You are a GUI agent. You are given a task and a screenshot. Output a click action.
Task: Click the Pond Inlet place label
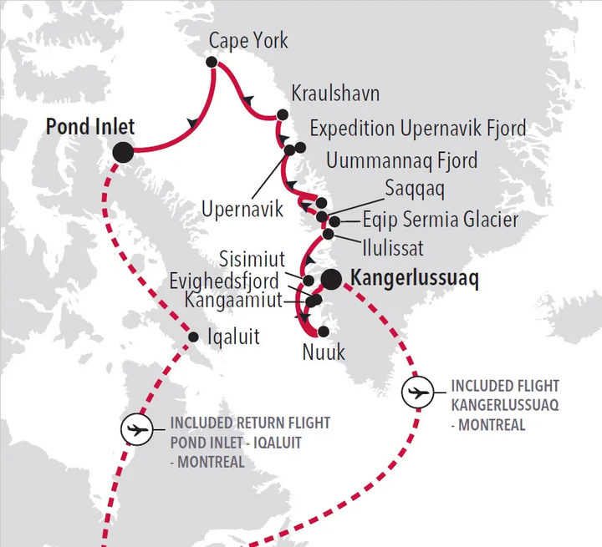[x=89, y=127]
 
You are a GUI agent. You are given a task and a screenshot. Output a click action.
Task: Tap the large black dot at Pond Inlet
[x=123, y=151]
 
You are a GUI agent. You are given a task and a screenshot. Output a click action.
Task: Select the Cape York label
[x=248, y=40]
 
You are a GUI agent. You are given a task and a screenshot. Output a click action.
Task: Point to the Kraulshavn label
[x=335, y=93]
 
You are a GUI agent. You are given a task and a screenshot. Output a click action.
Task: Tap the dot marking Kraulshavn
[x=283, y=114]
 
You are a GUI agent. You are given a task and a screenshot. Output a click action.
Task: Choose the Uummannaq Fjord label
[x=402, y=159]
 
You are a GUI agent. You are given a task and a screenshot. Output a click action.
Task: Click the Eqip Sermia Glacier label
[x=441, y=220]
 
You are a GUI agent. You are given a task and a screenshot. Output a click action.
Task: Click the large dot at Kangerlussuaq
[x=331, y=279]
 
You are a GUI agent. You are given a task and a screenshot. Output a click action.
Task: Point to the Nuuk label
[x=324, y=353]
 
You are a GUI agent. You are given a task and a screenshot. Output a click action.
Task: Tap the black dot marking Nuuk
[x=324, y=332]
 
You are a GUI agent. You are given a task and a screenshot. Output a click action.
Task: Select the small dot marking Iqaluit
[x=193, y=337]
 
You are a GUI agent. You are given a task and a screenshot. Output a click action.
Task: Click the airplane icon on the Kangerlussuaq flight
[x=418, y=392]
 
